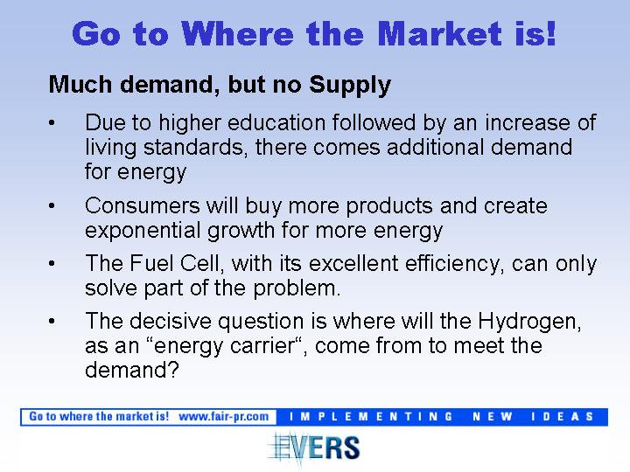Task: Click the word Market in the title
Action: [439, 34]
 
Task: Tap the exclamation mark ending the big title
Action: [551, 33]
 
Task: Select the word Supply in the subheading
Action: [350, 85]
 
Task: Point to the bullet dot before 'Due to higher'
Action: [52, 123]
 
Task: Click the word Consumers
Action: [143, 206]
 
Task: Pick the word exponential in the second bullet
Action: [143, 231]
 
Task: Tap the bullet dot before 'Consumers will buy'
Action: [52, 206]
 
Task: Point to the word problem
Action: [297, 288]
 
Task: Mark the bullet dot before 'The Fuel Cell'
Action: [52, 264]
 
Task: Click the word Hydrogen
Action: [529, 322]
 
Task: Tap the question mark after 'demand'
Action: [172, 369]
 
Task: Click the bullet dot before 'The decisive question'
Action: [52, 321]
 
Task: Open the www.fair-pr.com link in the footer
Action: [224, 417]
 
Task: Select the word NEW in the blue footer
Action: [493, 417]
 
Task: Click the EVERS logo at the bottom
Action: [315, 448]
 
